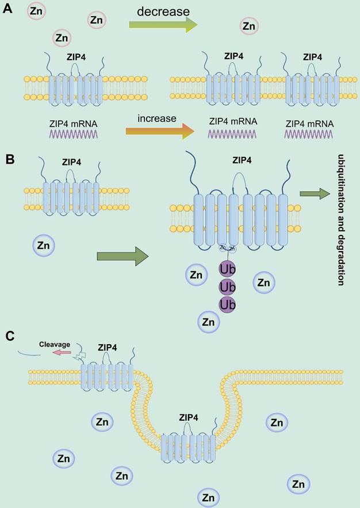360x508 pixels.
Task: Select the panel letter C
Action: click(x=9, y=336)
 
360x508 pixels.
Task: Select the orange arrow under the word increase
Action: click(x=160, y=131)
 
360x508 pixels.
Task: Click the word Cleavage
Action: click(x=55, y=345)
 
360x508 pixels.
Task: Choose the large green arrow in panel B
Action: click(x=122, y=256)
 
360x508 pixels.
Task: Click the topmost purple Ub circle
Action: click(x=227, y=268)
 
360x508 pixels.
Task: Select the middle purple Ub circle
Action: click(x=227, y=286)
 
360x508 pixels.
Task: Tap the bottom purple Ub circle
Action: click(x=227, y=303)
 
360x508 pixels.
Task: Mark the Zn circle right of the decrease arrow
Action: click(x=249, y=26)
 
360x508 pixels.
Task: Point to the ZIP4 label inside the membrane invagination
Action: click(x=190, y=418)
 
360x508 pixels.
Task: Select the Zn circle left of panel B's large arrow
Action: click(x=43, y=246)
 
